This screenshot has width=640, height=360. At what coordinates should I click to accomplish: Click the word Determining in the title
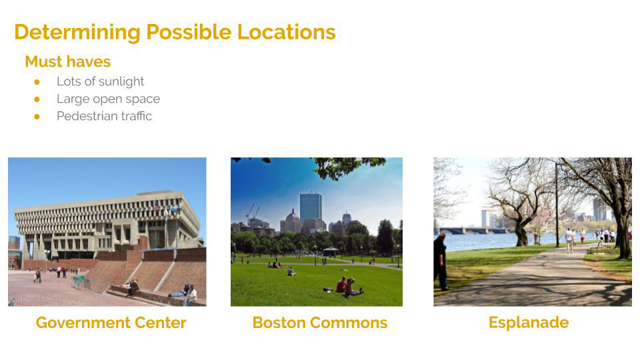tap(77, 33)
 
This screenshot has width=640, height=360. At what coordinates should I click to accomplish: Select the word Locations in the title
tap(287, 32)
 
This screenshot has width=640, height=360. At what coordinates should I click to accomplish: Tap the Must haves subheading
tap(68, 61)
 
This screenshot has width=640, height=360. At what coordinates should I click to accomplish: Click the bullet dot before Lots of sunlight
tap(37, 82)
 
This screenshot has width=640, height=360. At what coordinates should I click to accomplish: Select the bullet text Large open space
tap(108, 99)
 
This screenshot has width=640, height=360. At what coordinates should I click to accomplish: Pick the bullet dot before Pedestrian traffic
tap(37, 117)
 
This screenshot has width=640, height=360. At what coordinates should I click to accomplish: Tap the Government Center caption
tap(111, 323)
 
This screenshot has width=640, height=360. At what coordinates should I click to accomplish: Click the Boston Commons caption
tap(320, 323)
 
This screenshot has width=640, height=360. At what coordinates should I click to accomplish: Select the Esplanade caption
tap(529, 323)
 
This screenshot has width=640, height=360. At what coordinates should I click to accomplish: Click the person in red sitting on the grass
tap(341, 285)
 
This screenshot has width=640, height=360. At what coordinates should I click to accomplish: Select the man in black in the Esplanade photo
tap(441, 261)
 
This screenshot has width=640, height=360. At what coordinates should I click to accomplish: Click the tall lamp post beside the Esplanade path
tap(557, 205)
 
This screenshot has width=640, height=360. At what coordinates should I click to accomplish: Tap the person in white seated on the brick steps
tap(191, 295)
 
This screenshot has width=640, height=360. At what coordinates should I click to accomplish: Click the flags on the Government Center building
tap(165, 209)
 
